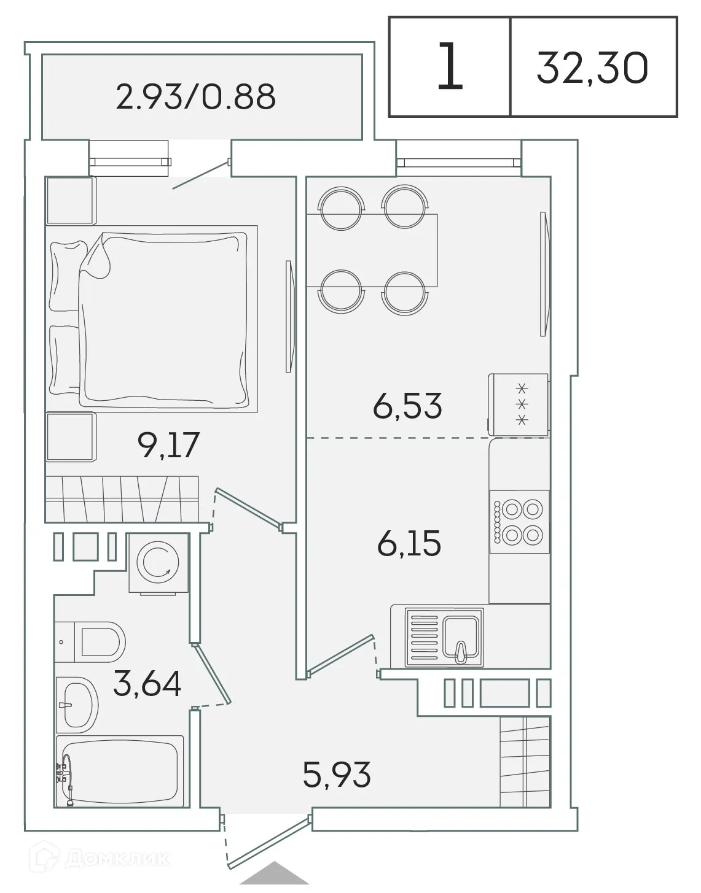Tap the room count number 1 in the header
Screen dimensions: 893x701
pos(450,68)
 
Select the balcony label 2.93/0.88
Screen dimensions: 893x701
pos(195,97)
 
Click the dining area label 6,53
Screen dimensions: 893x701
pos(407,406)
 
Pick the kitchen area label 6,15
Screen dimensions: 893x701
pos(409,544)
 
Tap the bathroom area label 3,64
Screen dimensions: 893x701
pos(147,684)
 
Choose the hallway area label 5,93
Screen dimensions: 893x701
pos(337,775)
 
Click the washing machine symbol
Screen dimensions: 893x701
pos(158,563)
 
